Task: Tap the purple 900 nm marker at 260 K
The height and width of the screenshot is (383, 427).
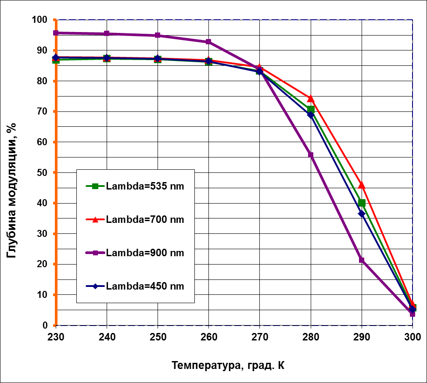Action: (208, 42)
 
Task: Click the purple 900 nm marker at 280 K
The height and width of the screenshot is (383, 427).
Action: (311, 155)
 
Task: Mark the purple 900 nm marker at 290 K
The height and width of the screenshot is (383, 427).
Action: (362, 260)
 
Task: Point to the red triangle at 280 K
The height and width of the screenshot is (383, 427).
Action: (311, 98)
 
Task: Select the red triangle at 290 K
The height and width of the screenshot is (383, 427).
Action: (362, 185)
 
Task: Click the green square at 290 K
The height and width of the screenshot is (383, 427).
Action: (362, 203)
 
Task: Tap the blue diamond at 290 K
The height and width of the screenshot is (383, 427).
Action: (362, 214)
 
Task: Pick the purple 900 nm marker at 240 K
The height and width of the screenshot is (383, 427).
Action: (107, 34)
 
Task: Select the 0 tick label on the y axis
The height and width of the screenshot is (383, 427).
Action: (45, 325)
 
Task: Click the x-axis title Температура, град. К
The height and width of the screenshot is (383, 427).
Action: (228, 365)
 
